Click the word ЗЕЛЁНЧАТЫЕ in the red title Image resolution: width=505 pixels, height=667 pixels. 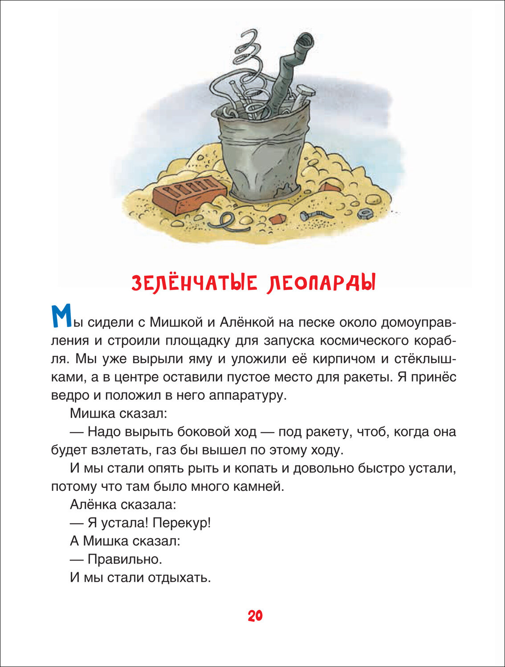(195, 283)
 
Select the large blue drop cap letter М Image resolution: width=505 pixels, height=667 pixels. (61, 317)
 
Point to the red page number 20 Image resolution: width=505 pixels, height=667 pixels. (255, 616)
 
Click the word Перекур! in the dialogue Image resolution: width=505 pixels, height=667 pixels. (181, 522)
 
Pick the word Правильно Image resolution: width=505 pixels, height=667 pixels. (125, 559)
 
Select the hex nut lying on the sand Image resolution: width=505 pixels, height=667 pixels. (365, 213)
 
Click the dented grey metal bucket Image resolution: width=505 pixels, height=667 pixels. (263, 156)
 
